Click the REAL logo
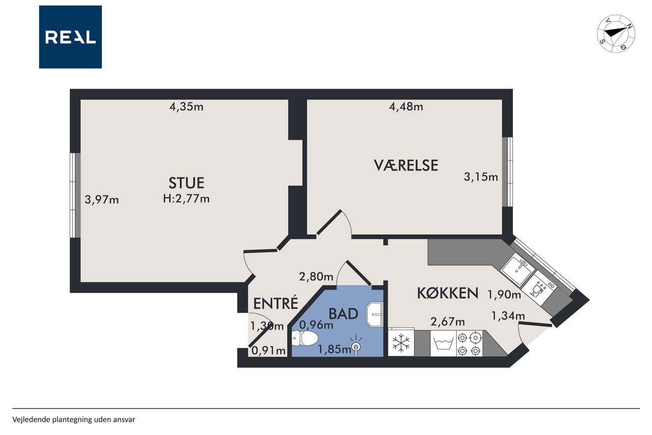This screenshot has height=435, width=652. tap(70, 37)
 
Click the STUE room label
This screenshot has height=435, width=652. tap(186, 183)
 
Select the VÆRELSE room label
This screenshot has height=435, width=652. tap(406, 165)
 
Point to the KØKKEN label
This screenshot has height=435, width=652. tap(448, 293)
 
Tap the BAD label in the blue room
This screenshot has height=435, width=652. tap(343, 314)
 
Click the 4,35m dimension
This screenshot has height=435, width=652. tap(186, 107)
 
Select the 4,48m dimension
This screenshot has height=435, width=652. tap(406, 107)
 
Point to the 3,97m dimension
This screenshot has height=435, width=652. tap(101, 200)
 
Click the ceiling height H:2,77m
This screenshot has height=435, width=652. tap(186, 199)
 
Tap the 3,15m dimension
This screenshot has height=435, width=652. tap(481, 177)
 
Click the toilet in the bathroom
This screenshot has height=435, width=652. tap(305, 338)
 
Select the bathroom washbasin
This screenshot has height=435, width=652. tap(374, 314)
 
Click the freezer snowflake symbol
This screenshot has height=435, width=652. tap(401, 343)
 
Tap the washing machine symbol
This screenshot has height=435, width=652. tap(443, 344)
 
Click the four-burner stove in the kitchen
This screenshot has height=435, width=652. tap(470, 344)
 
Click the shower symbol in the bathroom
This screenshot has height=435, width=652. tap(356, 347)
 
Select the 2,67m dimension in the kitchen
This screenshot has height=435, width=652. tap(448, 322)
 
